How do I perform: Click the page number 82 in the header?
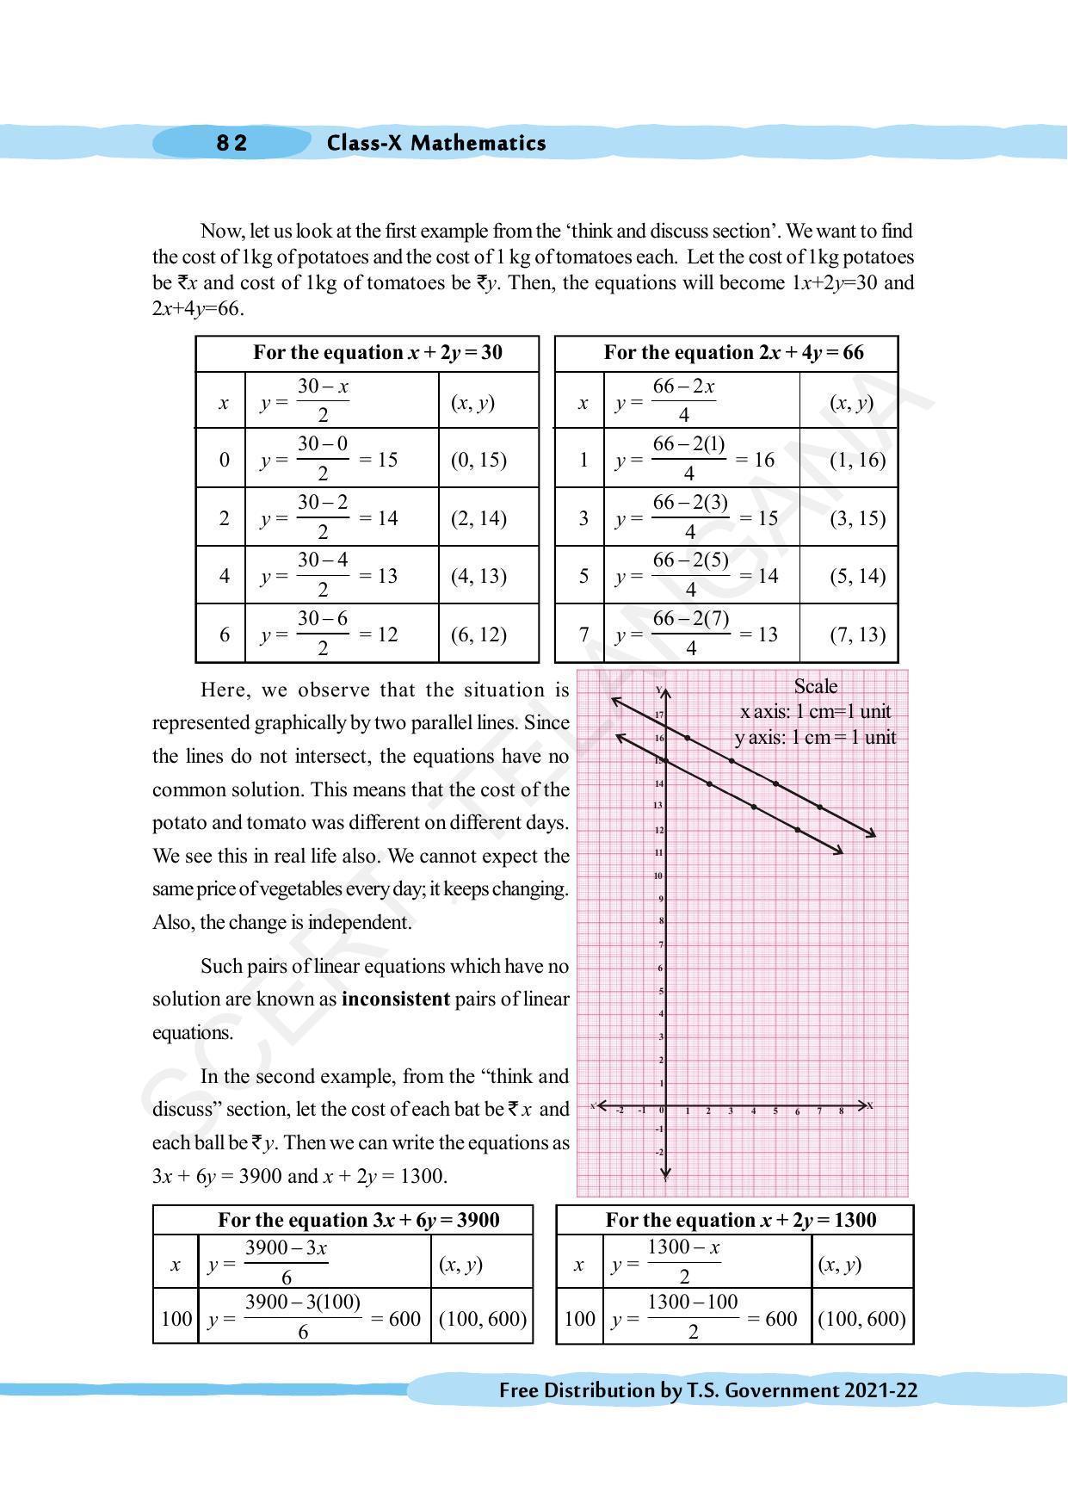click(232, 143)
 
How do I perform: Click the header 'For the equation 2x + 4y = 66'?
click(733, 353)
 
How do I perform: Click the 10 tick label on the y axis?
click(658, 876)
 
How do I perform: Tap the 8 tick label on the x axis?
click(842, 1111)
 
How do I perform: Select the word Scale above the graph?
click(815, 686)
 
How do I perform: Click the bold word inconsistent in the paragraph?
click(396, 999)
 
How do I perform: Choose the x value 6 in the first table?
click(225, 634)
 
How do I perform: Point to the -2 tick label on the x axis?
click(620, 1111)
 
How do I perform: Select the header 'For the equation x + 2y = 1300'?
click(740, 1220)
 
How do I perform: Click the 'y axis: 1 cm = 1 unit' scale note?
click(815, 738)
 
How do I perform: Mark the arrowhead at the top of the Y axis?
click(664, 690)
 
